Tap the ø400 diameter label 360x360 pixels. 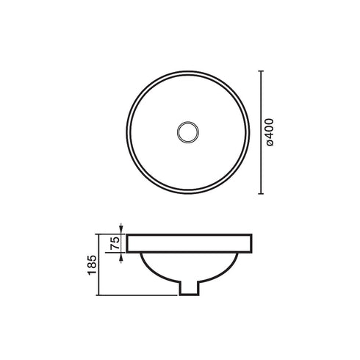click(271, 133)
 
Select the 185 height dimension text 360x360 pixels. click(91, 264)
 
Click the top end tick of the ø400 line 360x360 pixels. click(262, 71)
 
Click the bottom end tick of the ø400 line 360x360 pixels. click(262, 195)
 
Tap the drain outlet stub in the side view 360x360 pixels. click(190, 289)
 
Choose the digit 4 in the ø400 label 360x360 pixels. click(271, 137)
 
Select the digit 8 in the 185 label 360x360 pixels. click(91, 264)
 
